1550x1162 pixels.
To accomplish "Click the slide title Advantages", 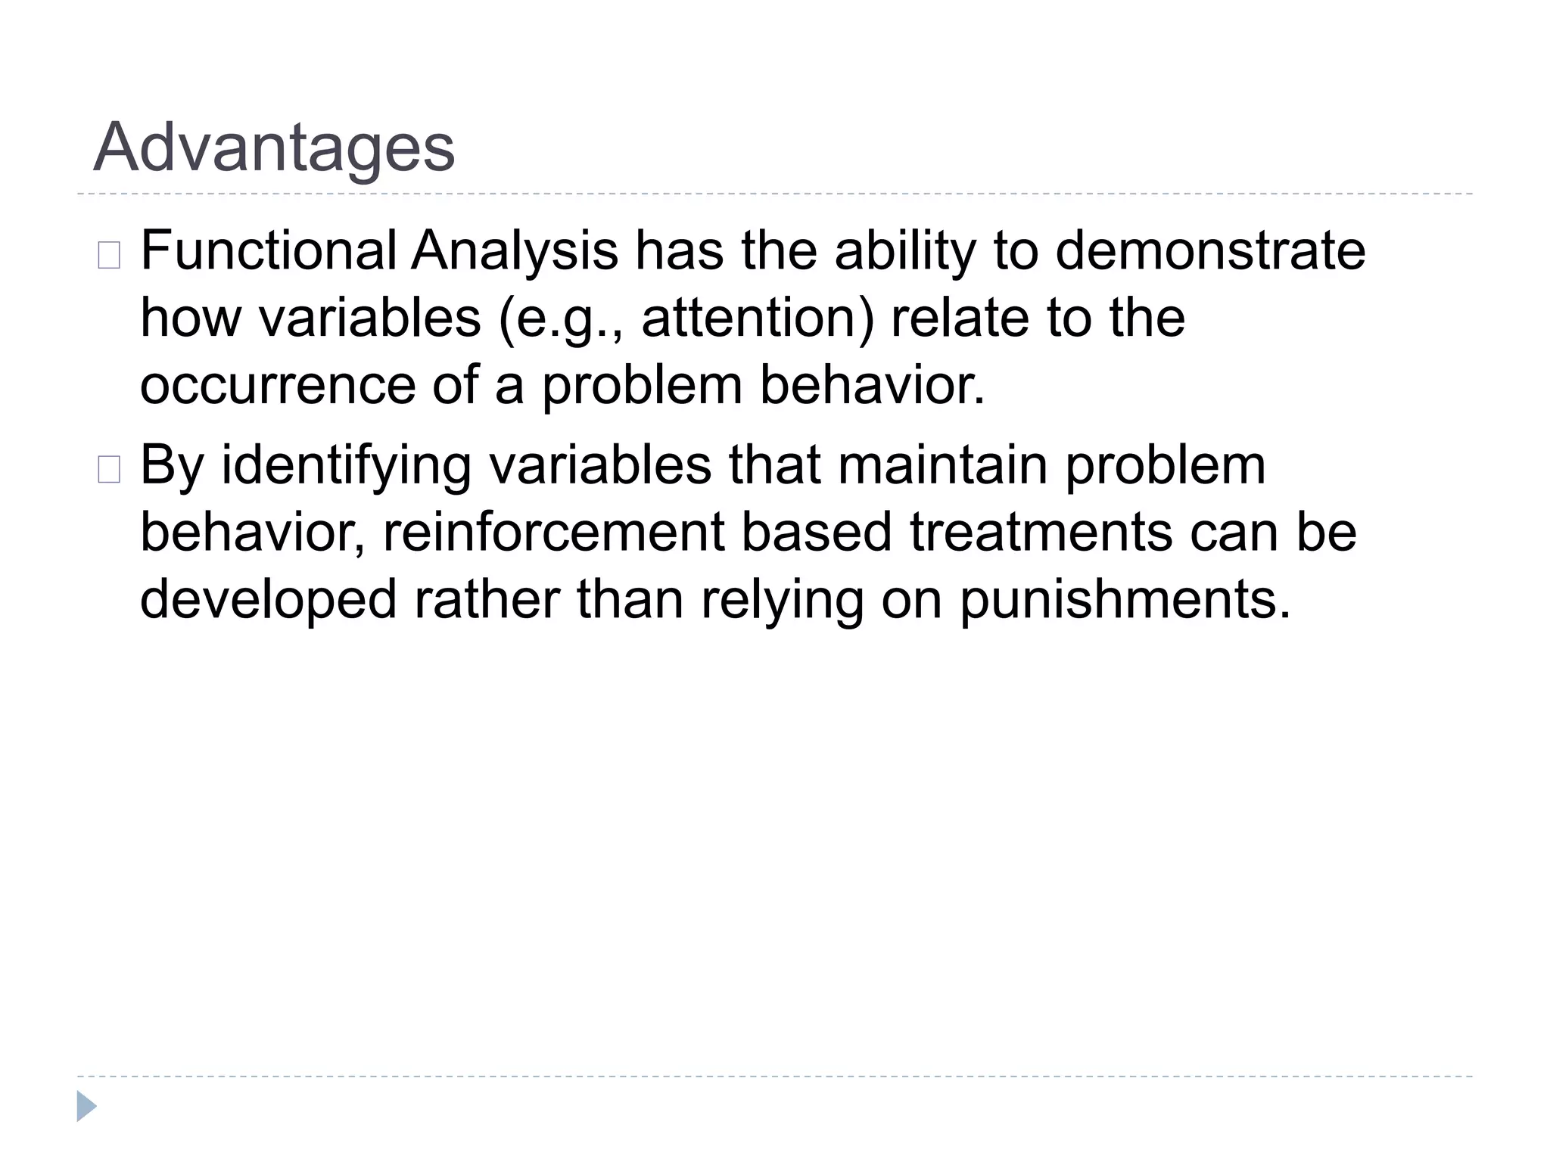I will [274, 148].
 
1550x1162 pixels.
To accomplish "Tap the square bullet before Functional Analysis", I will [109, 256].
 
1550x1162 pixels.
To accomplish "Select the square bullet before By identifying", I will [109, 471].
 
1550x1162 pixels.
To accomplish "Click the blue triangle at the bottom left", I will [86, 1106].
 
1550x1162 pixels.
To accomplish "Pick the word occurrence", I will [278, 386].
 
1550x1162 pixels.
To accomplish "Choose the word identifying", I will [347, 466].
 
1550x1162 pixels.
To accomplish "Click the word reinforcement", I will [554, 532].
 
